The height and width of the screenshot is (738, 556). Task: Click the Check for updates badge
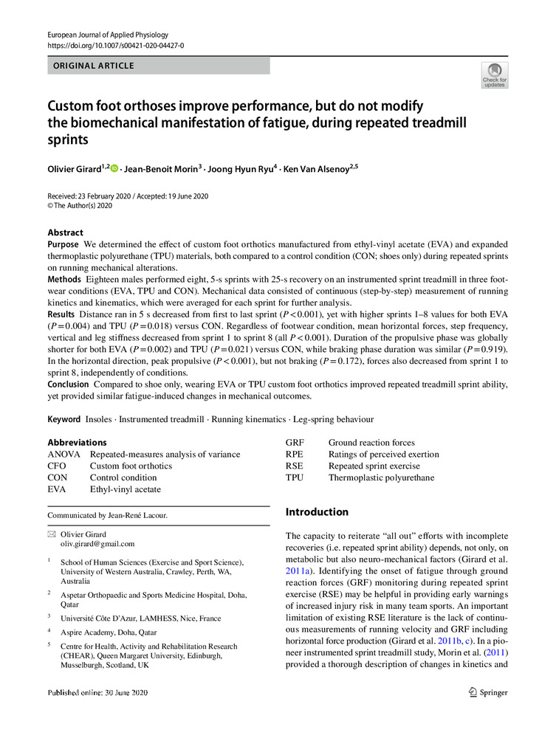point(494,75)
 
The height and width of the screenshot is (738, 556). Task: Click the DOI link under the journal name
point(115,46)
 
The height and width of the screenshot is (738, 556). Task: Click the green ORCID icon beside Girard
point(114,168)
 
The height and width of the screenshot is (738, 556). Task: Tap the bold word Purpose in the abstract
point(64,244)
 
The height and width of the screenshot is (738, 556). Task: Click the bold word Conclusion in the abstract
point(69,384)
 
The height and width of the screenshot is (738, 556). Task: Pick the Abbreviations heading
point(76,443)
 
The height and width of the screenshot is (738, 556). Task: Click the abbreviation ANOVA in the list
point(64,455)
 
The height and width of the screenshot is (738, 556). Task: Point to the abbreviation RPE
point(296,455)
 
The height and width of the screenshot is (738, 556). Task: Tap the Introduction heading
point(317,512)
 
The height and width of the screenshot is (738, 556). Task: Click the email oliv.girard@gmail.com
point(98,544)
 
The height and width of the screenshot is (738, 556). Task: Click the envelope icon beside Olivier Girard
point(51,534)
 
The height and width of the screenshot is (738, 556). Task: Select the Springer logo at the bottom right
point(488,692)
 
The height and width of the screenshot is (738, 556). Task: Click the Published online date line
point(97,693)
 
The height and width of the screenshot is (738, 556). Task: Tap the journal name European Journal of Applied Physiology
point(108,35)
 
